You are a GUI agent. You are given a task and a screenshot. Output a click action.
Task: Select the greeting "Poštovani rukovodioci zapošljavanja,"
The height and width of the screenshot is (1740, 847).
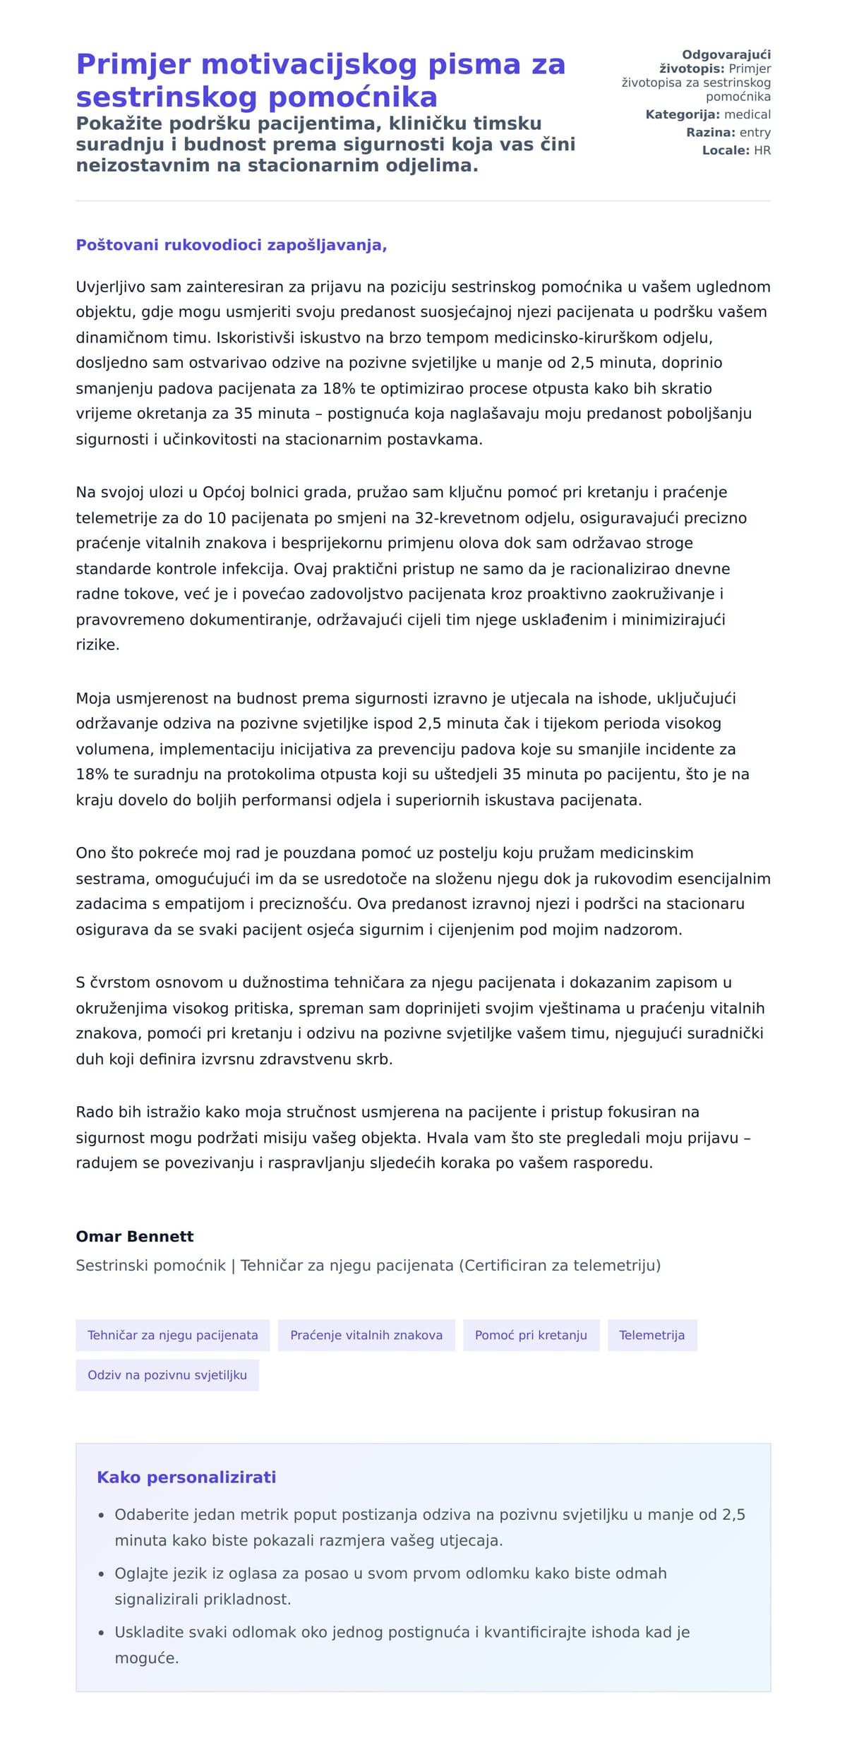(x=232, y=245)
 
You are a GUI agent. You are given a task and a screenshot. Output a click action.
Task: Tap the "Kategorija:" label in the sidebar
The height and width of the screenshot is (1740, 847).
(x=683, y=114)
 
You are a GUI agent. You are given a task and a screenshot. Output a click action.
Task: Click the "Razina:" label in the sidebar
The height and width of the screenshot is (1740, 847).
(x=710, y=132)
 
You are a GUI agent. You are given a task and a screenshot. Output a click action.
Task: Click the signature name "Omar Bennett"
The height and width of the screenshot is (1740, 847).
(x=135, y=1236)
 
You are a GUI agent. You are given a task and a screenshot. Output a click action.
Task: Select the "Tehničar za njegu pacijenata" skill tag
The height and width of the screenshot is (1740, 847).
(x=173, y=1335)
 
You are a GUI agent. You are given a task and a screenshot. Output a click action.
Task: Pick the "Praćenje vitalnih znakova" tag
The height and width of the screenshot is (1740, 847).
(x=366, y=1335)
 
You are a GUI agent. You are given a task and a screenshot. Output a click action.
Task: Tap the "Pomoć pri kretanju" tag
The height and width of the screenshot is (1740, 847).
(x=531, y=1335)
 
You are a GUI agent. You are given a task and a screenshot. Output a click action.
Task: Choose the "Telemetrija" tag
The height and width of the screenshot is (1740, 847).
(x=651, y=1335)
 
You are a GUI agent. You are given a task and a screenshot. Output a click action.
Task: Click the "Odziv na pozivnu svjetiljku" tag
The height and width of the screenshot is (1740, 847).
(x=167, y=1374)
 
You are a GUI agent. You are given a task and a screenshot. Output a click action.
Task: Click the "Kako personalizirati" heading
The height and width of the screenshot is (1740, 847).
(x=186, y=1477)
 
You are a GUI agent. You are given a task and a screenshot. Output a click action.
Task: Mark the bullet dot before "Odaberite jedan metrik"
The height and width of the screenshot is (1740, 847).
(x=102, y=1515)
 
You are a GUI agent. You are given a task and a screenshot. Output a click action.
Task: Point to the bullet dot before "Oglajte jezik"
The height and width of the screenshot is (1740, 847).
(x=102, y=1573)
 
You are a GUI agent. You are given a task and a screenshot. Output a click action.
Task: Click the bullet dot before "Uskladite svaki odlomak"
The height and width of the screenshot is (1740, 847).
(x=102, y=1632)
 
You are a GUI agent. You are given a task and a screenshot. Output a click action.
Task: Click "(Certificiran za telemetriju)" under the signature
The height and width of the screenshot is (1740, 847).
(x=560, y=1265)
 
